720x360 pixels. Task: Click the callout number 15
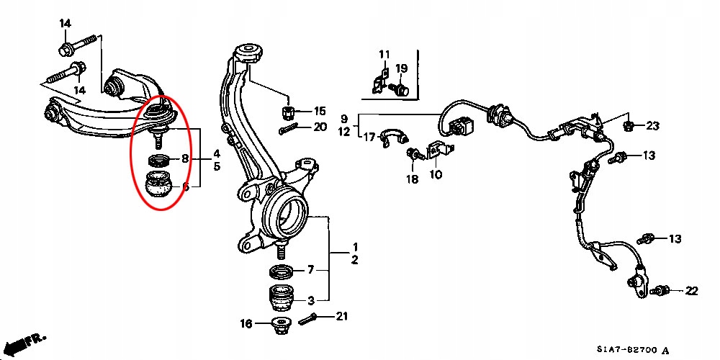319,111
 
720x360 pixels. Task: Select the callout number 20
320,127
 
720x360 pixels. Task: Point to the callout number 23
652,126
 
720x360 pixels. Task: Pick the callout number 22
691,291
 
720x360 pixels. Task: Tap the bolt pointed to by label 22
662,291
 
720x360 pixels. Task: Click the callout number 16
246,324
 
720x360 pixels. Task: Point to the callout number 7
311,271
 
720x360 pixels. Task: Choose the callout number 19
402,68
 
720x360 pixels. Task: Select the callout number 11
384,55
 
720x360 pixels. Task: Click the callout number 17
369,137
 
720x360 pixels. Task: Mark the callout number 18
412,180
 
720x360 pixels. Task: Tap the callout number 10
436,174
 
